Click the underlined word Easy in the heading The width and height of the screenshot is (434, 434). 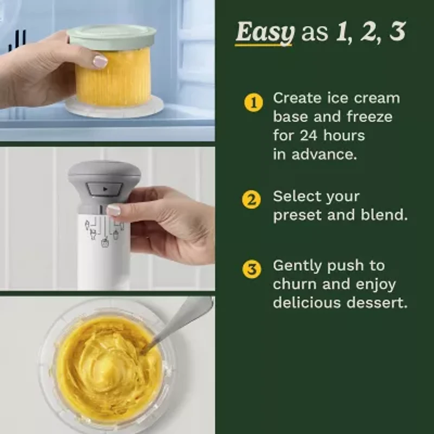pos(264,33)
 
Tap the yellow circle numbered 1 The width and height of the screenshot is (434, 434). pos(253,102)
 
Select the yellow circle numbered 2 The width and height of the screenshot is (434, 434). pos(251,200)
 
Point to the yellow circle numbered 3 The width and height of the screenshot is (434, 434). pos(251,269)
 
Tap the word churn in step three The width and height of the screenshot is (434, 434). pos(295,284)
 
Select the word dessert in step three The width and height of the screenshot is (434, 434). pos(375,302)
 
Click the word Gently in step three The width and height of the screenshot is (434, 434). pos(298,266)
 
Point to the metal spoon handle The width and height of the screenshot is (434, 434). pos(184,321)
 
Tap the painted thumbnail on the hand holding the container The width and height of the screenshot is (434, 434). pos(100,61)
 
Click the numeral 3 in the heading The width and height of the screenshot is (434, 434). pos(398,33)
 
